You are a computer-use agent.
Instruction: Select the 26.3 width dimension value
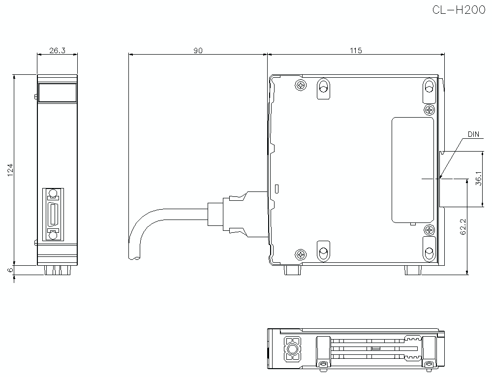(x=58, y=50)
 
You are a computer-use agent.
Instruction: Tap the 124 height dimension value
(x=10, y=169)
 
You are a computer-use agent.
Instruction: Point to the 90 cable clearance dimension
(x=197, y=50)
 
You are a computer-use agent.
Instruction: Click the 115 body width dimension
(x=356, y=50)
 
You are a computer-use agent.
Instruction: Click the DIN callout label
(x=473, y=134)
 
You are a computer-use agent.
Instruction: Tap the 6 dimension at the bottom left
(x=10, y=270)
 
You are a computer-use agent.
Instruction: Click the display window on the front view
(x=58, y=93)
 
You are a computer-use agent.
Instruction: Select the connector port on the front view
(x=53, y=215)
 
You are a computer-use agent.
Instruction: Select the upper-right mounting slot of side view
(x=429, y=88)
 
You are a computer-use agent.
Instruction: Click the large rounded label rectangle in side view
(x=413, y=170)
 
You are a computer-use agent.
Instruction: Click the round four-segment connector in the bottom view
(x=293, y=349)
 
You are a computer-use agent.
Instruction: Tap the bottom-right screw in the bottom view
(x=429, y=364)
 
